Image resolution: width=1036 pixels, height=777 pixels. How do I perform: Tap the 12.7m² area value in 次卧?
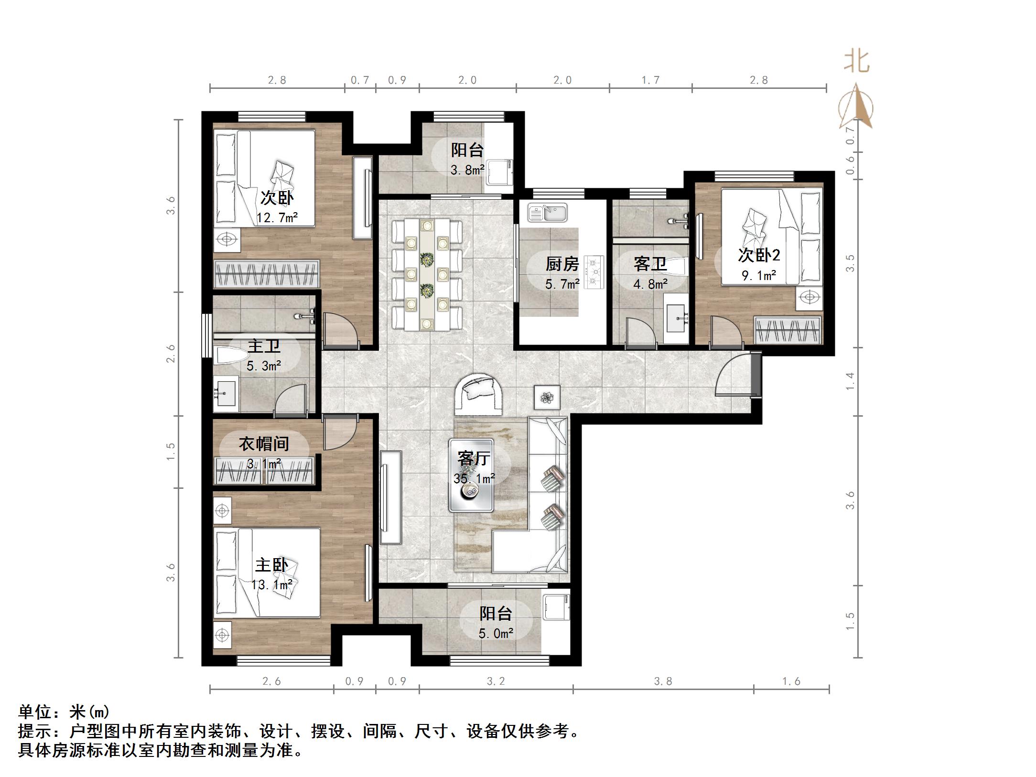coord(277,218)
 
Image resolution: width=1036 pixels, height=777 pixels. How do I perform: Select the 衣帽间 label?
coord(264,443)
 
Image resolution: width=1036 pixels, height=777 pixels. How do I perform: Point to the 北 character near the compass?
coord(856,62)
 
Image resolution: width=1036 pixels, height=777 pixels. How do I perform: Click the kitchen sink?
coord(548,213)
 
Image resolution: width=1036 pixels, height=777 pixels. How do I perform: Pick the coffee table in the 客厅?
coord(471,475)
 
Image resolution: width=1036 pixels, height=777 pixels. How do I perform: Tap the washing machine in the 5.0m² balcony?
coord(556,606)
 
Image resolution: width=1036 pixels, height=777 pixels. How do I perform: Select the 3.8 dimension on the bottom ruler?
coord(663,681)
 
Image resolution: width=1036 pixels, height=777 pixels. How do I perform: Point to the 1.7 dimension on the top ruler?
coord(650,80)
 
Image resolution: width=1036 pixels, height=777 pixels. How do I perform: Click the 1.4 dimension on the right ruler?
coord(849,381)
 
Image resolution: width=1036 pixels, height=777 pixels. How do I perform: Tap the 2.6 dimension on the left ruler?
coord(171,354)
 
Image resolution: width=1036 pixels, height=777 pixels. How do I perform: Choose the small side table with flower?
coord(547,397)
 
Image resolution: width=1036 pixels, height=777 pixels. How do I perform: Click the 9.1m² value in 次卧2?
coord(758,275)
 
